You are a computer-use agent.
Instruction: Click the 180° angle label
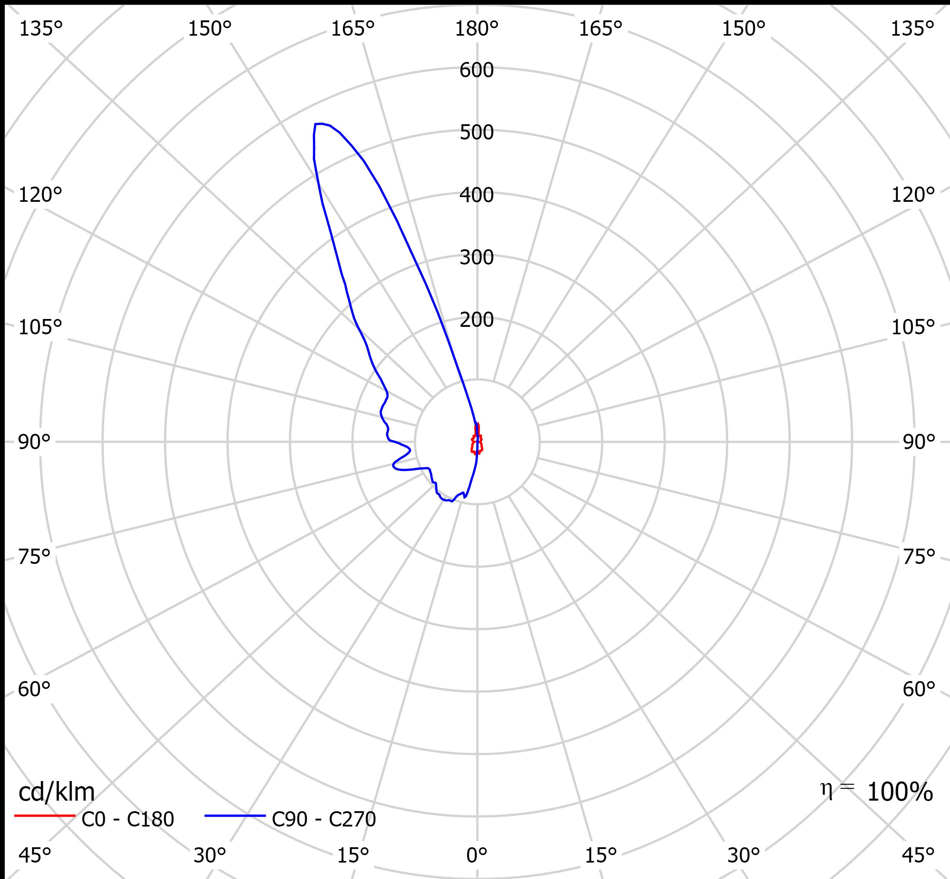[x=476, y=29]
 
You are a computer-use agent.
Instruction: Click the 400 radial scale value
[x=476, y=195]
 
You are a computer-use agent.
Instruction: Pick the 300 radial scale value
[x=476, y=257]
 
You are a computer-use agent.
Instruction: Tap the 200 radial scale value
[x=476, y=320]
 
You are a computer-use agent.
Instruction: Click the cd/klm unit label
[x=56, y=792]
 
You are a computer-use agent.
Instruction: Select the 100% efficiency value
[x=899, y=792]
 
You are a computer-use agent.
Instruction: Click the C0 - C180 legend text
[x=127, y=819]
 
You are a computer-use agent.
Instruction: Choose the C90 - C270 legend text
[x=323, y=819]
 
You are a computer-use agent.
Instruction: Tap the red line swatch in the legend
[x=45, y=816]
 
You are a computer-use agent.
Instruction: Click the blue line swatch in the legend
[x=235, y=816]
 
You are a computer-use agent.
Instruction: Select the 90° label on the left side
[x=34, y=442]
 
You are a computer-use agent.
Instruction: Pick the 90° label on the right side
[x=919, y=442]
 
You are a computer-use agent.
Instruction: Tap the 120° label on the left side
[x=40, y=195]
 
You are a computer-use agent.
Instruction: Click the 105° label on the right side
[x=912, y=327]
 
